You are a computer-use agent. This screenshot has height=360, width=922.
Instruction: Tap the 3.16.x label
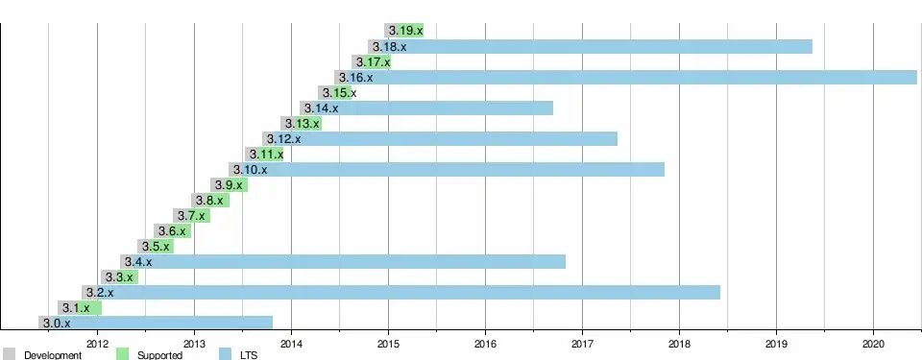click(355, 77)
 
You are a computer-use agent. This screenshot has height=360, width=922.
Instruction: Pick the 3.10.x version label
click(250, 169)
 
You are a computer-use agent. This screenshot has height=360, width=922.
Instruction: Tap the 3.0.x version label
click(57, 323)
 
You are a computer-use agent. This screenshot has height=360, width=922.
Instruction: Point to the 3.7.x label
click(191, 216)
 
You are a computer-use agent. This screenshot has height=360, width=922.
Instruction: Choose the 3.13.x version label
click(303, 124)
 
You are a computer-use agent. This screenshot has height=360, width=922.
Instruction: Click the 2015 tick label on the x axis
click(388, 343)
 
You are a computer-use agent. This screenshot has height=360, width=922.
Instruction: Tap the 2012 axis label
click(97, 343)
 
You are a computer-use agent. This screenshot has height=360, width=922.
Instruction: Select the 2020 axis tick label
click(873, 343)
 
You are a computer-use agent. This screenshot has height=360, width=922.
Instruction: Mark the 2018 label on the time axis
click(679, 343)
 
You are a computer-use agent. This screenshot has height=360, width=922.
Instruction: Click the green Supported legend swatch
click(122, 354)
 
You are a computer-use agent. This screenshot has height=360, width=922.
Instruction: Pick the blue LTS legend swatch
click(225, 354)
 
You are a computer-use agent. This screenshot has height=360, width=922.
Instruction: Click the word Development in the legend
click(53, 355)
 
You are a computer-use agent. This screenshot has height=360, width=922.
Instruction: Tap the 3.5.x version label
click(156, 247)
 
